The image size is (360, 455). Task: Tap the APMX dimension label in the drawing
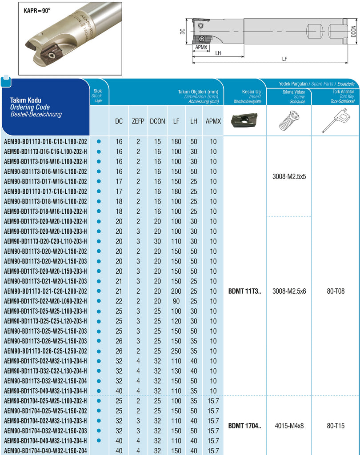pos(200,47)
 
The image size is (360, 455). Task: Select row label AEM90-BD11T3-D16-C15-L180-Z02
pos(45,141)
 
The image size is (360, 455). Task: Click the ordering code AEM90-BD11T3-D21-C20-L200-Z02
pos(45,291)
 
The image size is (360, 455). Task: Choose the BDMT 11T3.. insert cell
pos(244,291)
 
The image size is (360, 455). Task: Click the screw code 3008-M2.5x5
pos(289,176)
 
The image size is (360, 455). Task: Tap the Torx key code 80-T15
pos(336,426)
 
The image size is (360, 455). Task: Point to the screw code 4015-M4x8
pos(289,426)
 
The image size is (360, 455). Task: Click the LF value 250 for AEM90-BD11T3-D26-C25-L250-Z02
pos(176,351)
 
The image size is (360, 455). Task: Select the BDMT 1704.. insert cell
pos(244,426)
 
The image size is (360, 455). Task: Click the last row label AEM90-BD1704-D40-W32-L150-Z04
pos(45,451)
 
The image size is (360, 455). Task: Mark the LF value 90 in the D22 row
pos(176,301)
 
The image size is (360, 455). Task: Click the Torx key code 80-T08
pos(336,291)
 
